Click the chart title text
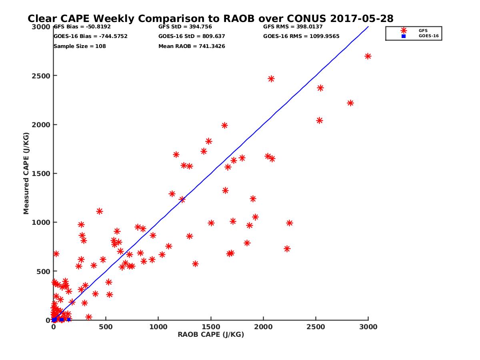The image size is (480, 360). (210, 19)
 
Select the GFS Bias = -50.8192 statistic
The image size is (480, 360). (82, 27)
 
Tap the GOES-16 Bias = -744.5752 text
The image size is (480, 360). (90, 36)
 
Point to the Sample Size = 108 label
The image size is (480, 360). (80, 46)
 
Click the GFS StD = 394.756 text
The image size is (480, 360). (185, 27)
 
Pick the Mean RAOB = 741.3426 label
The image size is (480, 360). (192, 46)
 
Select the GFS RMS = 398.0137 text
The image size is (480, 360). (293, 27)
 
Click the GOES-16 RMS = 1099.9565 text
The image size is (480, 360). (301, 36)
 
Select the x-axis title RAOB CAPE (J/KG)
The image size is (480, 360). (211, 335)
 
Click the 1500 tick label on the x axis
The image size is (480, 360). (211, 327)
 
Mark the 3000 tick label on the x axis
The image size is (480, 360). (368, 327)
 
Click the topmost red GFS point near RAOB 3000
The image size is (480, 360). (368, 56)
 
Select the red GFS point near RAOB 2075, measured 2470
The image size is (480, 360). (271, 79)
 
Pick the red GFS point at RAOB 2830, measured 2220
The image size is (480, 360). (350, 103)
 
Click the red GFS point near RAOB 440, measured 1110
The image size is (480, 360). (100, 211)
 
